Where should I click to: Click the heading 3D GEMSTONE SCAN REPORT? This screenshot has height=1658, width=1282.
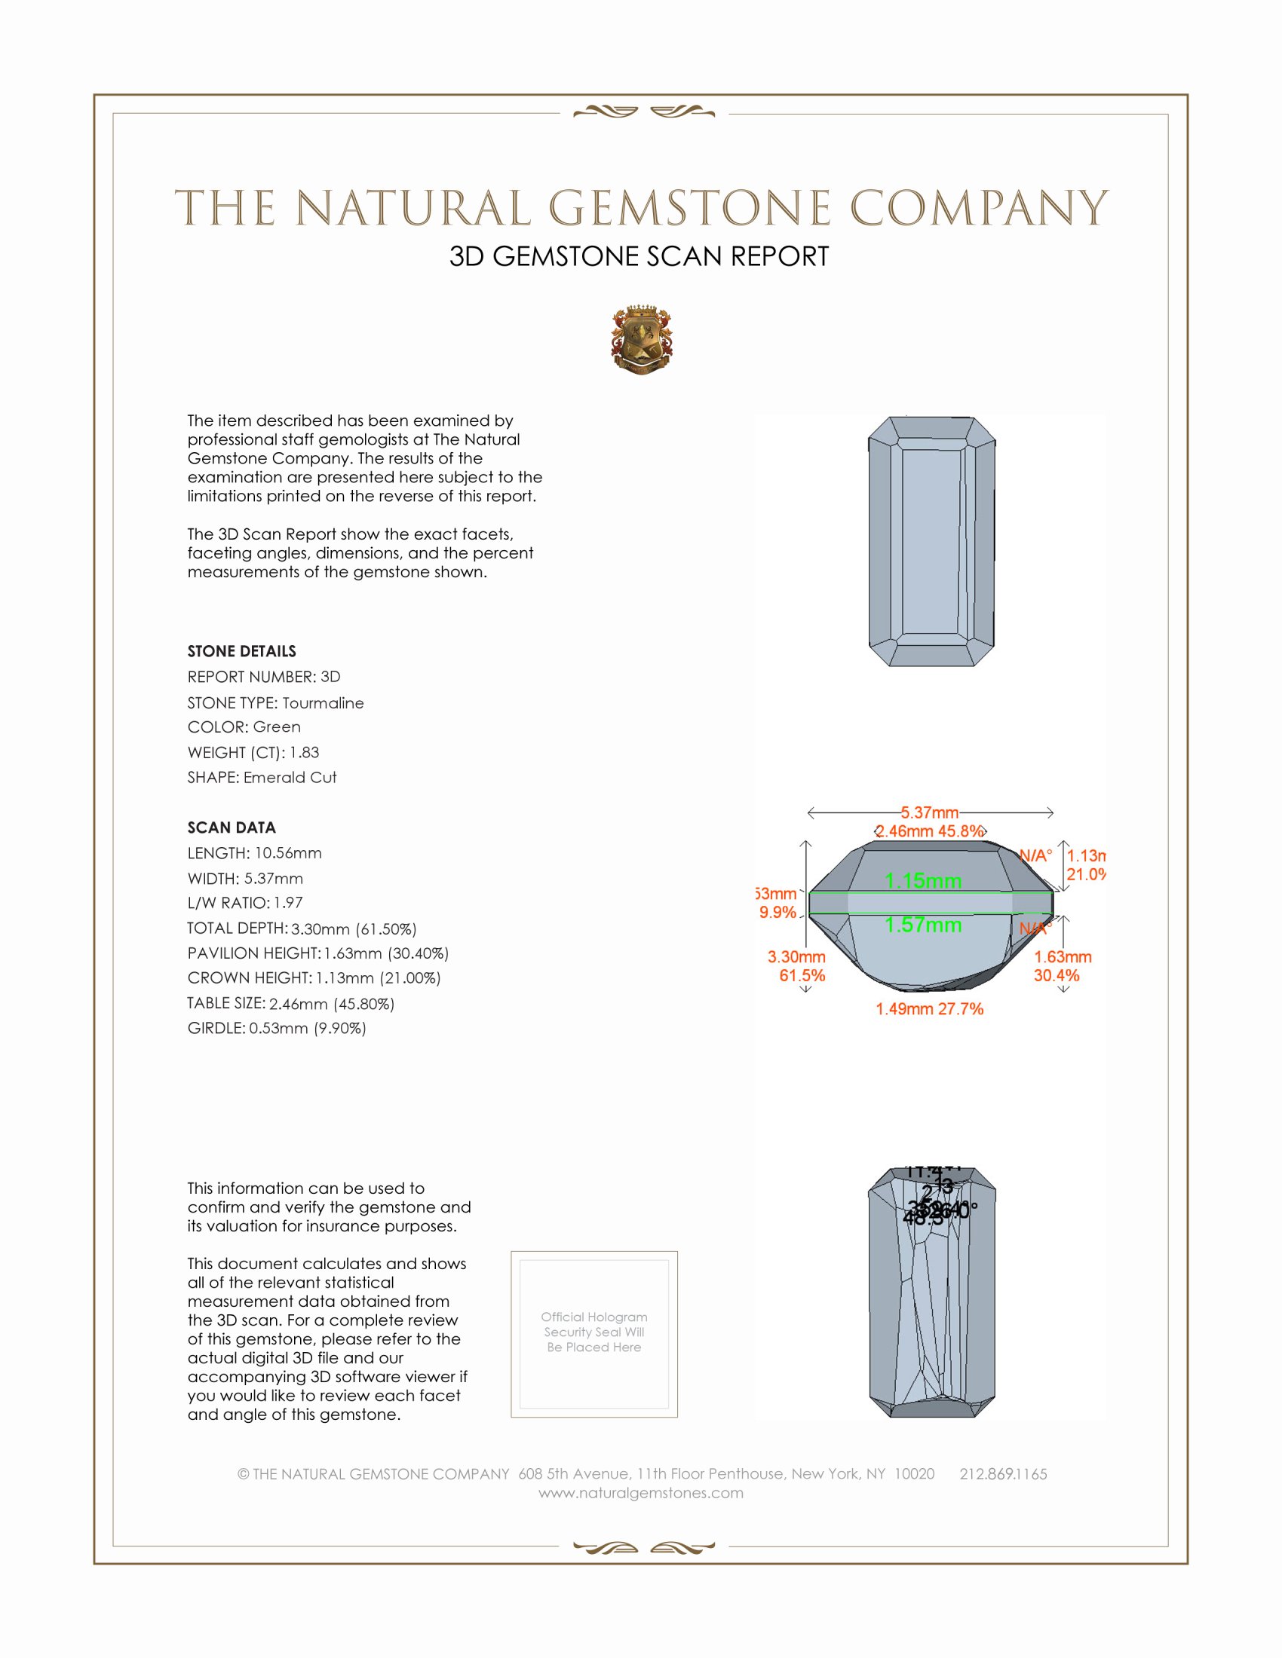coord(639,256)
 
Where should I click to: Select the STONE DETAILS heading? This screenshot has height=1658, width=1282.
coord(241,651)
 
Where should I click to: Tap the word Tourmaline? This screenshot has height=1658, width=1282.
coord(323,703)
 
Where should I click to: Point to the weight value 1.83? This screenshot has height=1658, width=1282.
coord(304,752)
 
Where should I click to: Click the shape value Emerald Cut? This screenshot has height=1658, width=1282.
coord(290,778)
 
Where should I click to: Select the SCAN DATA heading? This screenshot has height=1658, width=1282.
coord(232,827)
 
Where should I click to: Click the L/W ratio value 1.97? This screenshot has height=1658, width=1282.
coord(288,904)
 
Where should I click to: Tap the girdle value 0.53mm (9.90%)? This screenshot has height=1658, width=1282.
coord(308,1029)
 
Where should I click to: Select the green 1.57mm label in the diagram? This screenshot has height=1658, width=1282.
coord(923,925)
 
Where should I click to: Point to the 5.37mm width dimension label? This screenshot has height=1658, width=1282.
coord(930,812)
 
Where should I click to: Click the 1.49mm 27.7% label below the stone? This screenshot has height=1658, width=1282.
coord(929,1009)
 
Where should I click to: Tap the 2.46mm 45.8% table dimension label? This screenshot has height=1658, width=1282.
coord(930,831)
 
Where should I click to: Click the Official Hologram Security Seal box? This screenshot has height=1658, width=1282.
coord(594,1333)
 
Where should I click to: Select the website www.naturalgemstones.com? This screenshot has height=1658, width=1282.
coord(641,1493)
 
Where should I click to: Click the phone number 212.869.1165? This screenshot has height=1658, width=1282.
coord(1002,1474)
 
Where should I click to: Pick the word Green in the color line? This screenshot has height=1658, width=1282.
coord(277,727)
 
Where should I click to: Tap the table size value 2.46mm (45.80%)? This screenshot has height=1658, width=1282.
coord(332,1004)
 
